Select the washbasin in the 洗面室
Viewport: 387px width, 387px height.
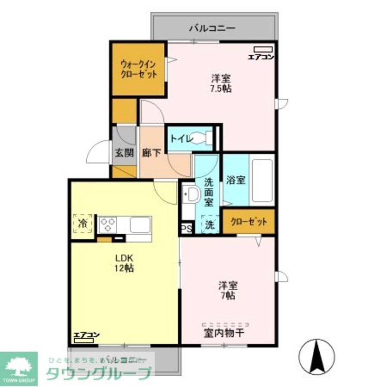190,194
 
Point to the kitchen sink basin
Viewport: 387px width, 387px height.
140,224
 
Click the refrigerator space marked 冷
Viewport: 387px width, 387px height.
83,223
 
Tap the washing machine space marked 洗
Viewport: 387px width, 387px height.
209,224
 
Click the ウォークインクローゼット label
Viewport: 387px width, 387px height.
139,69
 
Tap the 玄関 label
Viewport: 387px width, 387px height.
124,152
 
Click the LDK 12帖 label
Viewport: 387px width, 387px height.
124,263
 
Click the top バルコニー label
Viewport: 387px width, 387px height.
212,29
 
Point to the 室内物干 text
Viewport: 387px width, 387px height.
223,332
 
